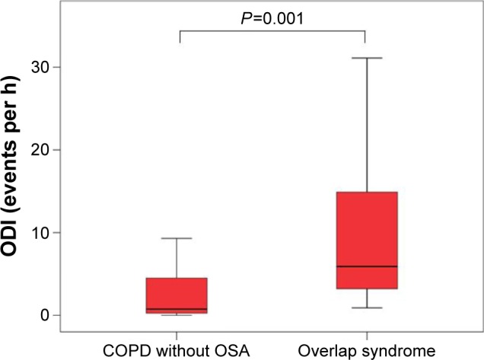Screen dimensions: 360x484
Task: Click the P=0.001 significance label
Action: tap(272, 18)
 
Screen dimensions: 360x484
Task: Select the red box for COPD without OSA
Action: tap(177, 295)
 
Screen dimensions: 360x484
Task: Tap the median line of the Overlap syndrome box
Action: tap(366, 266)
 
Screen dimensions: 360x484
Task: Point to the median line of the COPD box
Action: tap(177, 309)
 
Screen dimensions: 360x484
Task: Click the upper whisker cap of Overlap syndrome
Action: tap(366, 58)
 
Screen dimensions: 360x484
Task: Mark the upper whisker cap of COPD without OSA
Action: tap(177, 238)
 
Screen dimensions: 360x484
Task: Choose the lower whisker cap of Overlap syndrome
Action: tap(366, 307)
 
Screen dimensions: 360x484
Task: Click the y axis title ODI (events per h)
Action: tap(17, 183)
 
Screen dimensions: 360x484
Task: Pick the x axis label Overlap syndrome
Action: tap(366, 351)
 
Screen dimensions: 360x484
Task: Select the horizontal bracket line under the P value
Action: tap(272, 31)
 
